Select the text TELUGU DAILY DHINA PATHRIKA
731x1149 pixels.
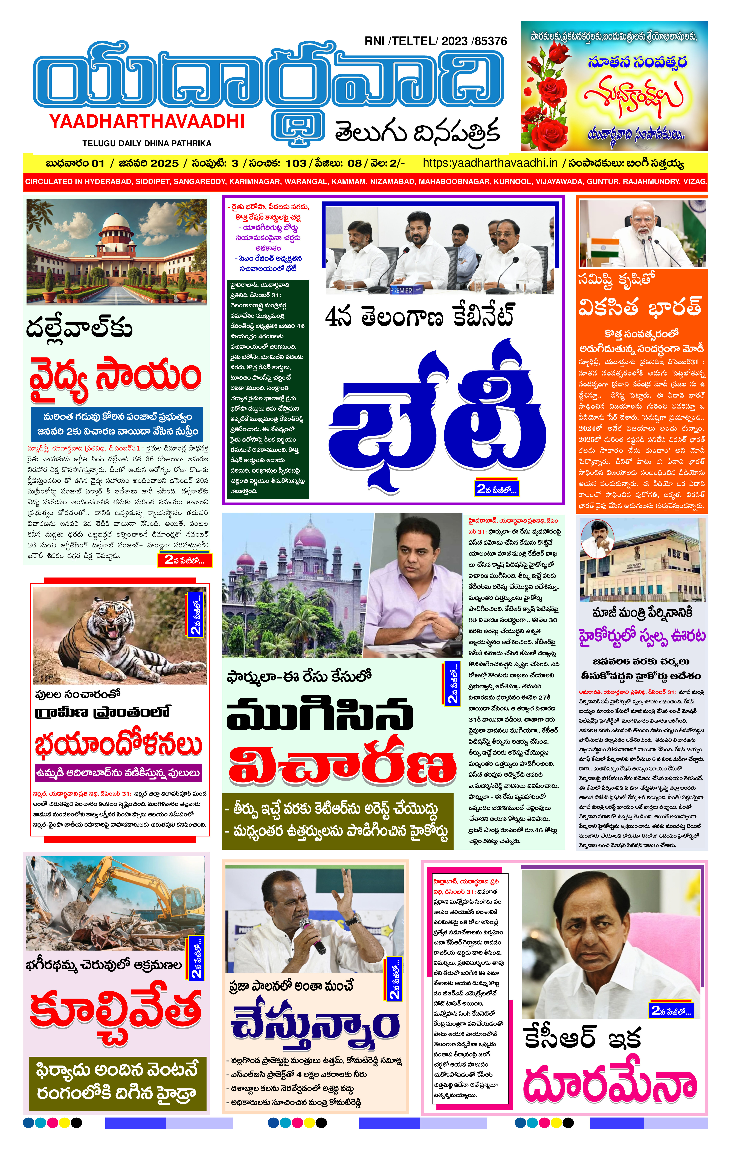coord(146,143)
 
